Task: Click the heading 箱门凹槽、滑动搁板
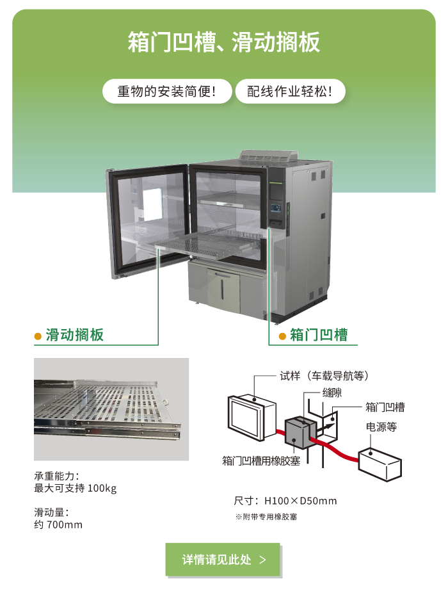click(224, 43)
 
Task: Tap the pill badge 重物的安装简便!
click(166, 92)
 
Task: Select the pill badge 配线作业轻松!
click(291, 92)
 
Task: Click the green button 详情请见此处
click(223, 560)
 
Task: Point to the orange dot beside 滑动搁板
click(38, 336)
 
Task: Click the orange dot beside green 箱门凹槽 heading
click(282, 336)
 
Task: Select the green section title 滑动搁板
click(74, 335)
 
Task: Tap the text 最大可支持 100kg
click(75, 489)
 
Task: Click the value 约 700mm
click(58, 525)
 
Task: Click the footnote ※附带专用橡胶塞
click(266, 517)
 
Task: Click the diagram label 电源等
click(381, 426)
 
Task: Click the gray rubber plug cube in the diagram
click(298, 432)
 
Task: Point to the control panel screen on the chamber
click(277, 190)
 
